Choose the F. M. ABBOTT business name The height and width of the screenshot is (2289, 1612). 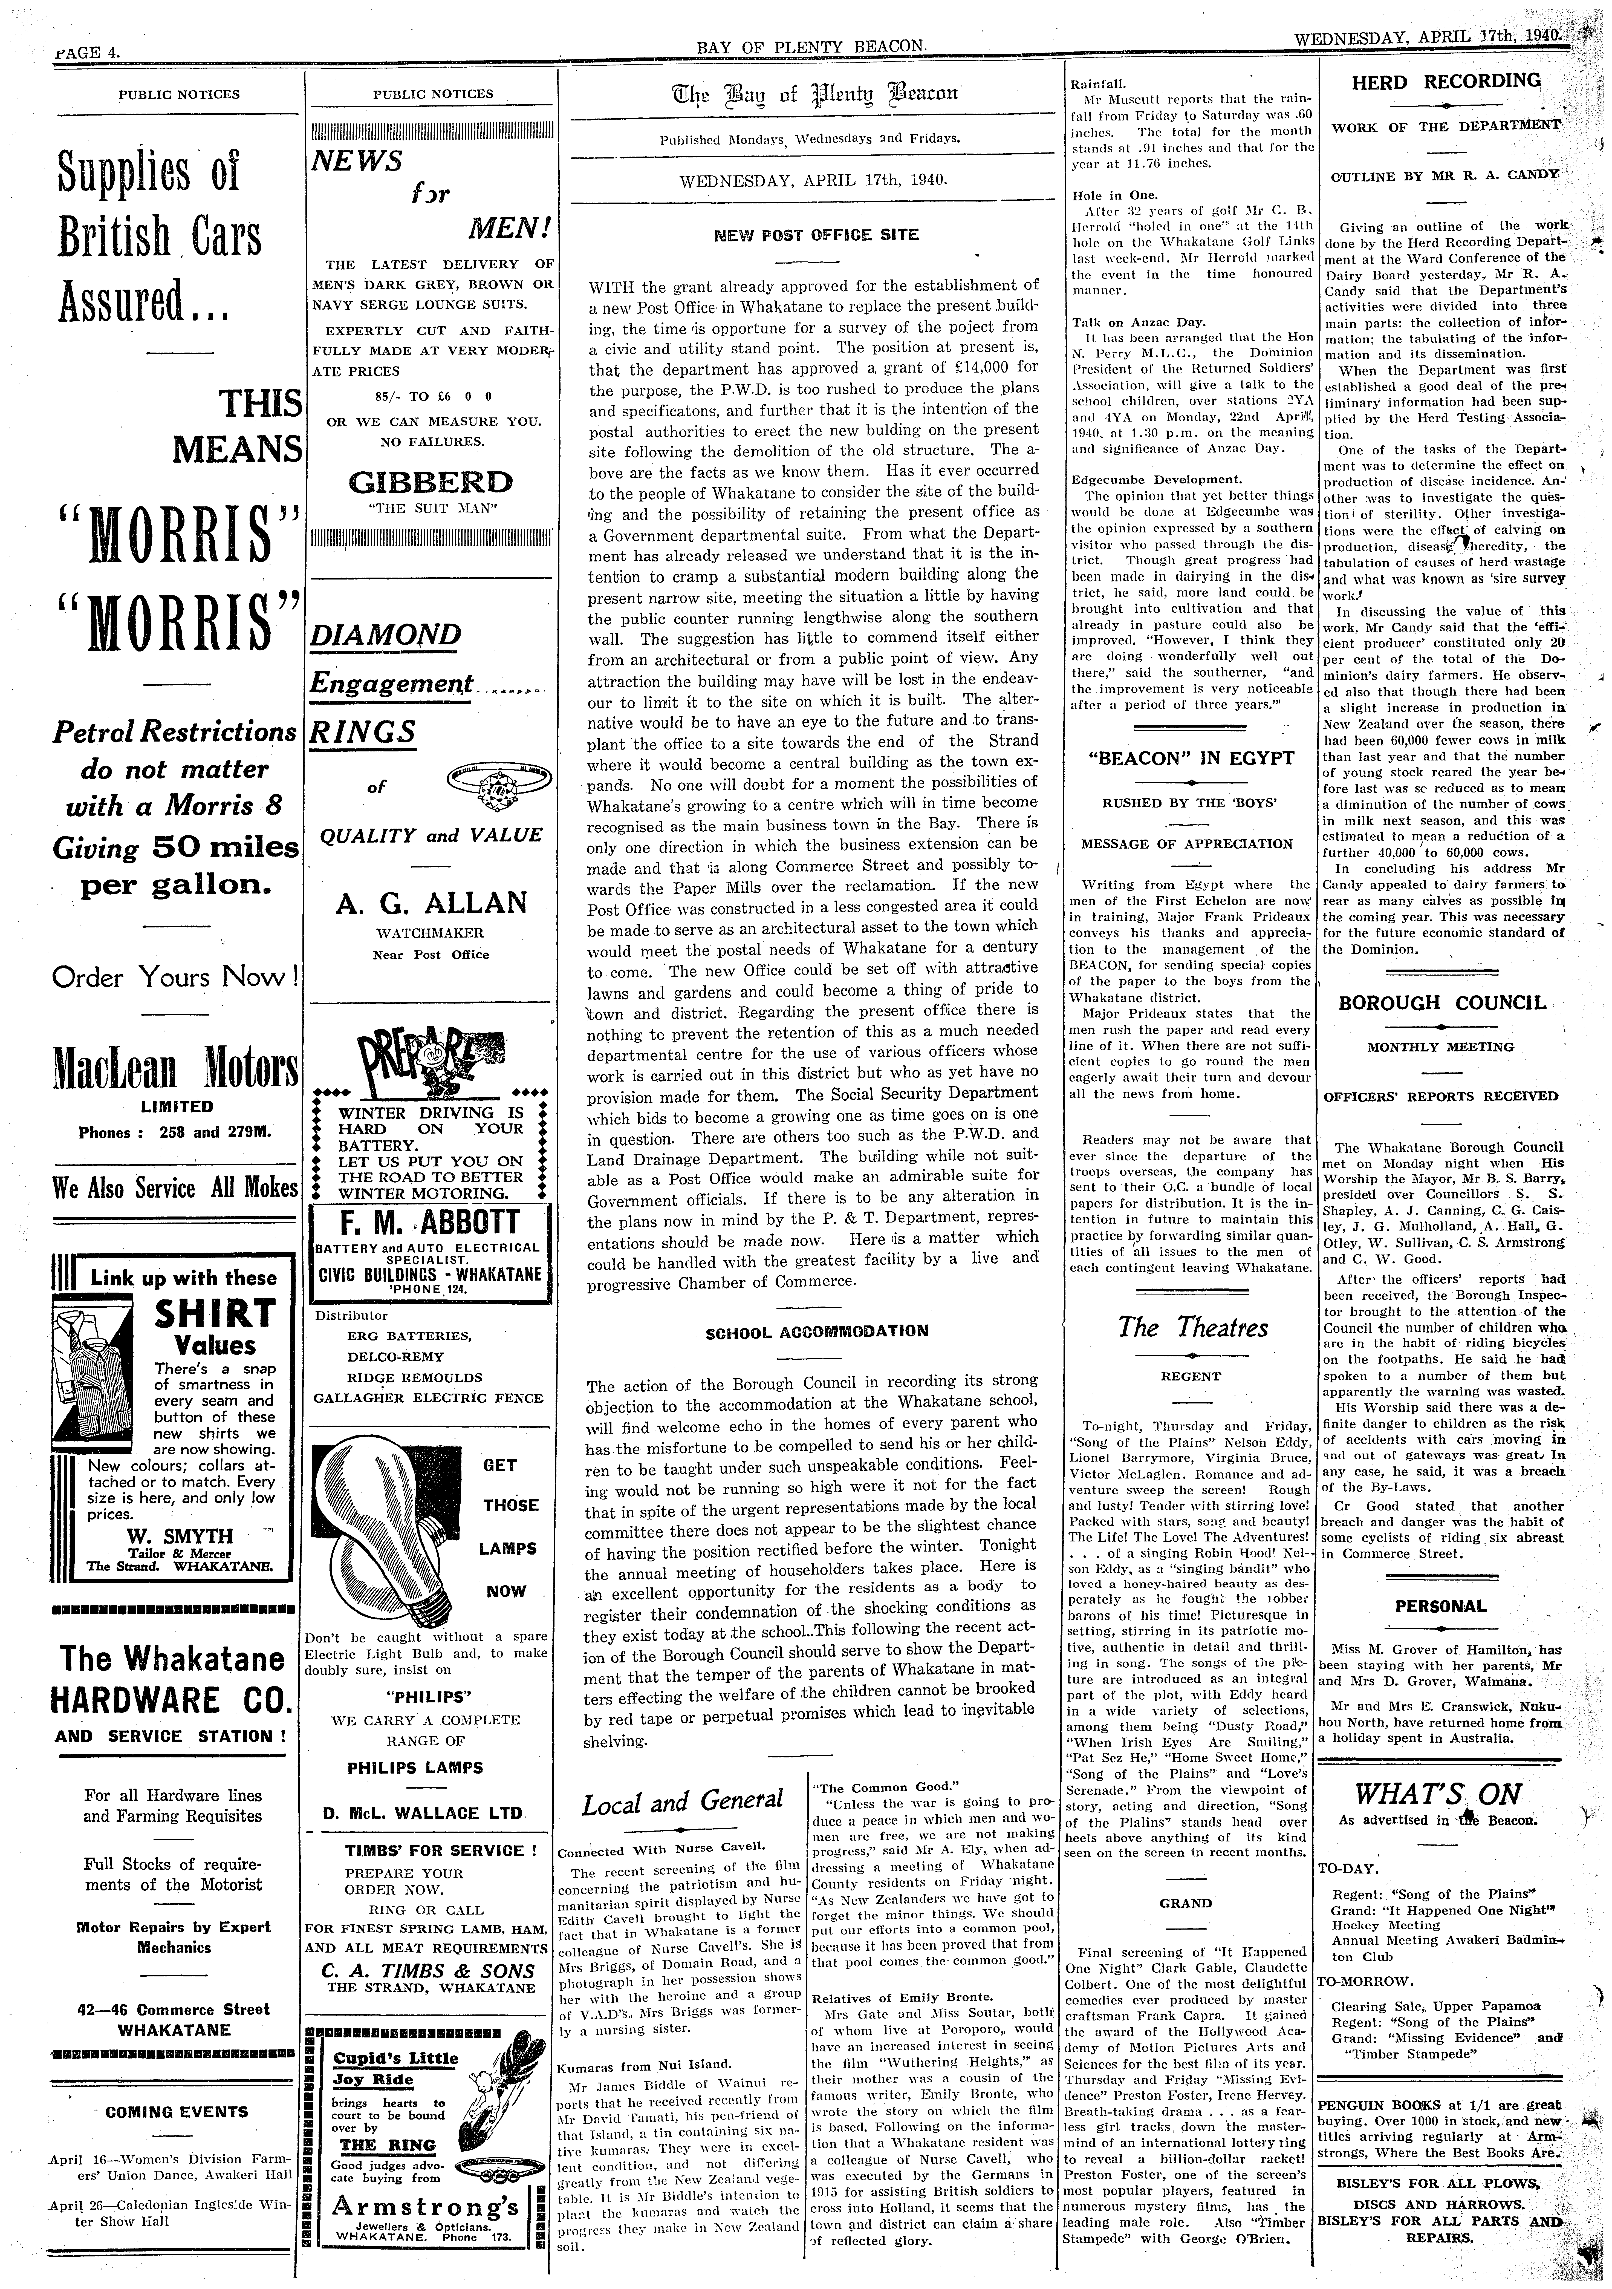click(x=431, y=1223)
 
